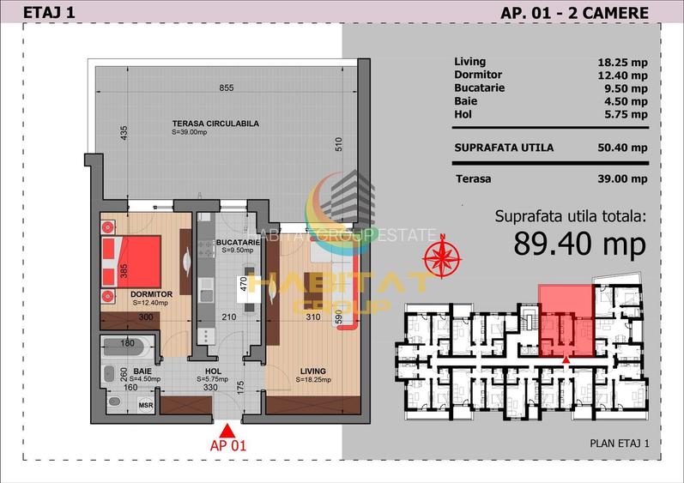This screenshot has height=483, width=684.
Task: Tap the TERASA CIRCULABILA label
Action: (215, 124)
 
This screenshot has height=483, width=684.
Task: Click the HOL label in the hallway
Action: (208, 372)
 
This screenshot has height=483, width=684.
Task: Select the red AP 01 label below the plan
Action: (228, 446)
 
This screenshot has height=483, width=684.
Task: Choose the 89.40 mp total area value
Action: (579, 245)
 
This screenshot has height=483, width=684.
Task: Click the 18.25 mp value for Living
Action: (621, 62)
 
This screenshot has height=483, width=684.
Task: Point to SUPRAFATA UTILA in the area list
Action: (503, 148)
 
